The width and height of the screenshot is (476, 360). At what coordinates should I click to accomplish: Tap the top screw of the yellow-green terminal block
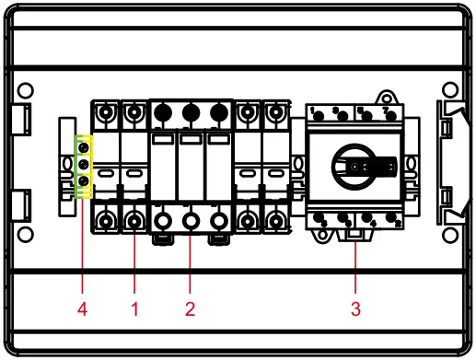pos(84,147)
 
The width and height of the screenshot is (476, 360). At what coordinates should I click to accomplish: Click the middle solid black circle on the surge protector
pos(191,114)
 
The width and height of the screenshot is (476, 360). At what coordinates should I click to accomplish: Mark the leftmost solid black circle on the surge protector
pos(164,114)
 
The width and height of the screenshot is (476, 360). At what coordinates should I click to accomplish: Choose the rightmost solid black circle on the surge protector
pos(217,114)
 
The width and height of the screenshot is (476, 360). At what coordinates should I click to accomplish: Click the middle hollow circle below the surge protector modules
pos(191,222)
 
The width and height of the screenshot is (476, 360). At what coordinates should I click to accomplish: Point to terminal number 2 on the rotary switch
pos(398,223)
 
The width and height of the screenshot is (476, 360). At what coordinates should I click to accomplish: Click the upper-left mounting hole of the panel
pos(27,91)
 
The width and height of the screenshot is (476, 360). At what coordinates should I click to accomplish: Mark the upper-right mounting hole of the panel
pos(450,91)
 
